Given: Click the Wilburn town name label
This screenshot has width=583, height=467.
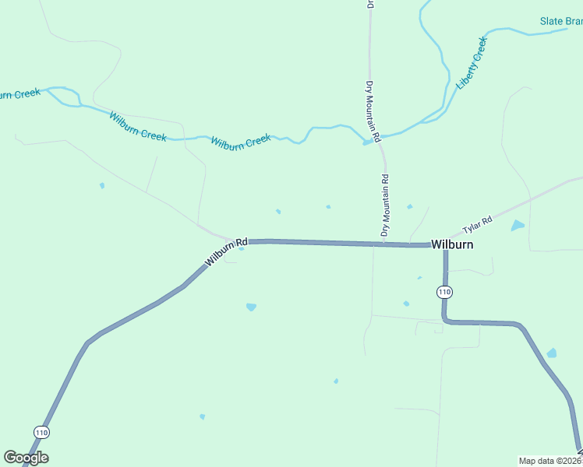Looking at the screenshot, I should click(x=452, y=244).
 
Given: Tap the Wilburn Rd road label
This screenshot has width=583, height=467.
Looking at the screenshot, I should click(x=227, y=252).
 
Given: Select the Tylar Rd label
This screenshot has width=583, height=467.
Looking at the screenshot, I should click(x=478, y=225).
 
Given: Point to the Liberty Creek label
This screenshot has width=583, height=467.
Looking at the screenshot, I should click(x=472, y=62).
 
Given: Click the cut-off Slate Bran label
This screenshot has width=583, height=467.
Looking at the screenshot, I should click(x=561, y=21).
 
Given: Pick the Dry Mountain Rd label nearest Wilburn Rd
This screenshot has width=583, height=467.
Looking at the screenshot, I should click(x=385, y=205).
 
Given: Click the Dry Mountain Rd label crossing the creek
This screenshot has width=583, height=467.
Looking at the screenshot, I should click(x=373, y=111).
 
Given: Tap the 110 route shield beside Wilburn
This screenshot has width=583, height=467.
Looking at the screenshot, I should click(x=444, y=292).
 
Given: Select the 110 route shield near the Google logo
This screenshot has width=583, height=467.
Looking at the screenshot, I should click(x=41, y=432).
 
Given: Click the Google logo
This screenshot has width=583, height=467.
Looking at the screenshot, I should click(x=26, y=458).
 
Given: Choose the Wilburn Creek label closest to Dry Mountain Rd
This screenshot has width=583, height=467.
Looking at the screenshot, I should click(x=241, y=142).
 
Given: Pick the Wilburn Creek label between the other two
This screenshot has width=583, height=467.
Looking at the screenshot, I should click(x=138, y=126).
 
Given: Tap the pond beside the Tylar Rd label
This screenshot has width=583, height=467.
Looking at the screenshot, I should click(x=518, y=226).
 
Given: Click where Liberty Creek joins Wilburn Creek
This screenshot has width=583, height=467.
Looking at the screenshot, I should click(x=367, y=142).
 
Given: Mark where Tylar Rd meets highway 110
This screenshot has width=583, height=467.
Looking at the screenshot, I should click(x=445, y=244).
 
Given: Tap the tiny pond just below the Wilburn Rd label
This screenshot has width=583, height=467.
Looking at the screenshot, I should click(x=242, y=249).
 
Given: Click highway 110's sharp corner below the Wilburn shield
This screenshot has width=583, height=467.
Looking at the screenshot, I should click(x=445, y=320).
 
